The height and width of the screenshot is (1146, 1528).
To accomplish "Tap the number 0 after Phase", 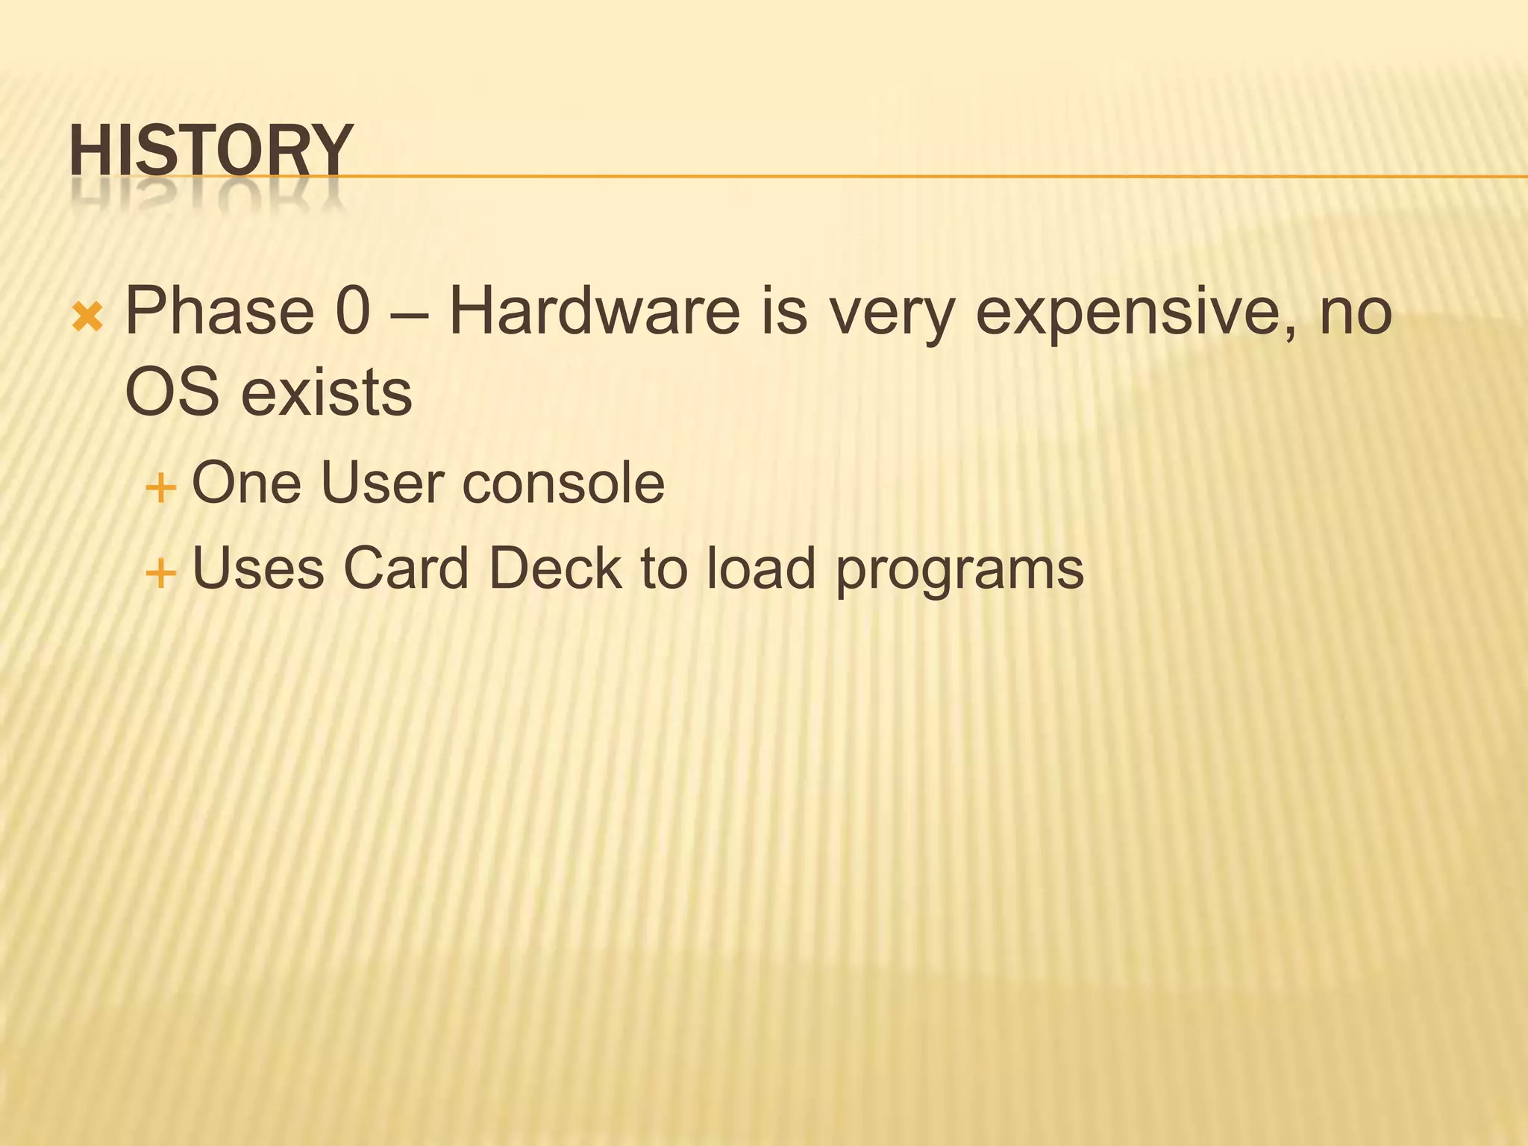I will pos(353,311).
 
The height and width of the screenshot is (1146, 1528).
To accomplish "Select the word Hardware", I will pos(594,311).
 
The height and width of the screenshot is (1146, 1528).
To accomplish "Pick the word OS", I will pos(172,392).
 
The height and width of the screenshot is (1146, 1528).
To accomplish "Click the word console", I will pos(563,483).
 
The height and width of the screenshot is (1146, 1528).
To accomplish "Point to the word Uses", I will pos(258,569).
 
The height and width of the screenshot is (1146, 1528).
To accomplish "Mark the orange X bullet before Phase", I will pos(87,319).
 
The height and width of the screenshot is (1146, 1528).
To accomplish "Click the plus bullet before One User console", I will pos(160,489).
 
